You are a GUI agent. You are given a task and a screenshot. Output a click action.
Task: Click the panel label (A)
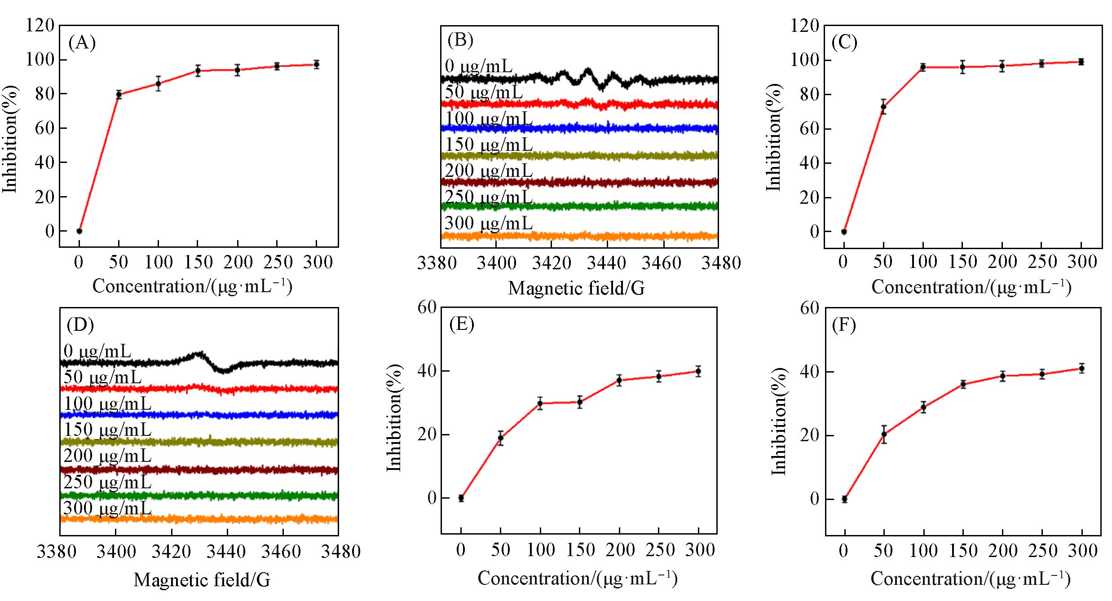pyautogui.click(x=82, y=43)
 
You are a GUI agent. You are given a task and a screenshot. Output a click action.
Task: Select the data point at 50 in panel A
pyautogui.click(x=119, y=94)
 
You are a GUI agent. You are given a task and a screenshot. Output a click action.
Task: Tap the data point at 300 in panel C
pyautogui.click(x=1081, y=62)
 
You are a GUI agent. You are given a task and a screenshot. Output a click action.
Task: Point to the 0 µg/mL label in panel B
pyautogui.click(x=478, y=66)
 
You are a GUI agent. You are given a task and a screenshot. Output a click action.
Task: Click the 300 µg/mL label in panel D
pyautogui.click(x=107, y=508)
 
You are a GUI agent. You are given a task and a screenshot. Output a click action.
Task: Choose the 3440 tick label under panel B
pyautogui.click(x=607, y=263)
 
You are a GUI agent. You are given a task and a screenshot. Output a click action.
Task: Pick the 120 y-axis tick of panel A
pyautogui.click(x=40, y=26)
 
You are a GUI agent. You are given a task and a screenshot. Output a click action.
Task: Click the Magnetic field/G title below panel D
pyautogui.click(x=202, y=580)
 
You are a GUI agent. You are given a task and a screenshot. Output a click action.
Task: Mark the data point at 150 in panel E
pyautogui.click(x=580, y=402)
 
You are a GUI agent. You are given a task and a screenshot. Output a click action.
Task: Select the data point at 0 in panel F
pyautogui.click(x=844, y=499)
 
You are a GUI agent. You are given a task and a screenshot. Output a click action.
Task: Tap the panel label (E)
pyautogui.click(x=462, y=325)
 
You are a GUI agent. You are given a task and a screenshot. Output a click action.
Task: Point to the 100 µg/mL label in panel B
pyautogui.click(x=489, y=118)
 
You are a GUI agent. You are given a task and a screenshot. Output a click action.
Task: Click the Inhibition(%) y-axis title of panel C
pyautogui.click(x=773, y=137)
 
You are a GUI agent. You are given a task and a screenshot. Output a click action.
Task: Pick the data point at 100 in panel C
pyautogui.click(x=923, y=67)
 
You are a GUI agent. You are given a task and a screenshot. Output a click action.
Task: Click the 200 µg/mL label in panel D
pyautogui.click(x=107, y=456)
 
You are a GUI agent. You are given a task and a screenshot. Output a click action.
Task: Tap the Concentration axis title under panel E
pyautogui.click(x=577, y=579)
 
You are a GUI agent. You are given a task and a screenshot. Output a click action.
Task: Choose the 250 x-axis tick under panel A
pyautogui.click(x=277, y=262)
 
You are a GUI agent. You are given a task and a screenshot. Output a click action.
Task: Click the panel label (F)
pyautogui.click(x=844, y=325)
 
